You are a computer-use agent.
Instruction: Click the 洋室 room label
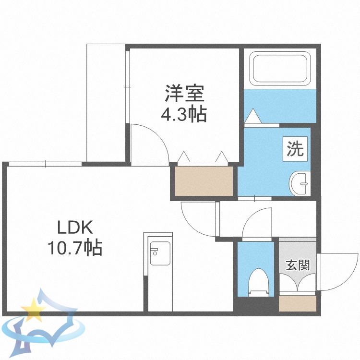[x=185, y=93]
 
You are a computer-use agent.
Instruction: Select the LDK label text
[x=75, y=226]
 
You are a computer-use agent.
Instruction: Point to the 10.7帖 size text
[x=74, y=248]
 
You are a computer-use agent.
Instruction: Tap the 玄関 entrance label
[x=298, y=264]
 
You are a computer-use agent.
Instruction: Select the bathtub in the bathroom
[x=280, y=70]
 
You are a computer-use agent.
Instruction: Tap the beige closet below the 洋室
[x=204, y=181]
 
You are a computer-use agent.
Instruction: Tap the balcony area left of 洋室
[x=106, y=103]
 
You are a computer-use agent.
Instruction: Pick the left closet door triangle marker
[x=183, y=157]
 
